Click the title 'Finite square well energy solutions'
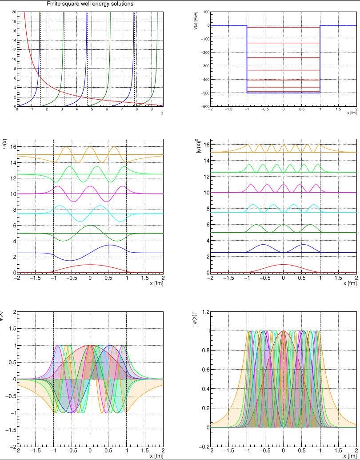(90, 4)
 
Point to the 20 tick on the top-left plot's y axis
(14, 12)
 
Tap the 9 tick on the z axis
(152, 109)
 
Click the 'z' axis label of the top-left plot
(162, 113)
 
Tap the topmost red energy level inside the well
(283, 28)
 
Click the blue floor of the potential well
(283, 93)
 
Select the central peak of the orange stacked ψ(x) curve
(90, 147)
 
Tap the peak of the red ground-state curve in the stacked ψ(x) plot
(90, 265)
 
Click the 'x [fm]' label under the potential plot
(352, 113)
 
